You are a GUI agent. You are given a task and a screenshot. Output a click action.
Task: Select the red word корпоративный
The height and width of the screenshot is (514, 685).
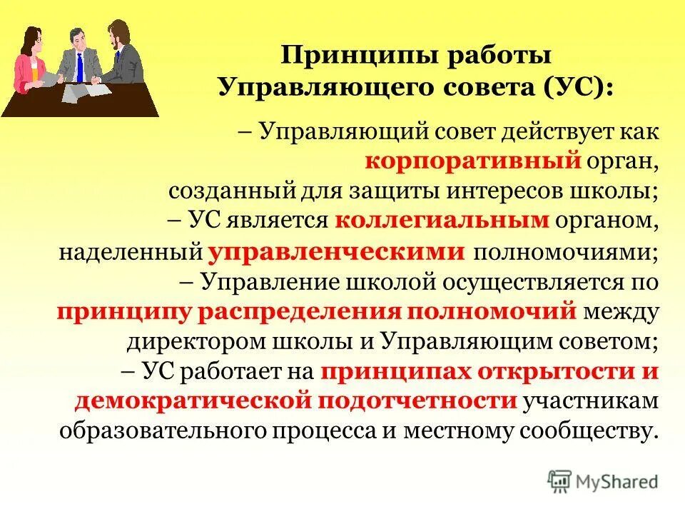click(472, 162)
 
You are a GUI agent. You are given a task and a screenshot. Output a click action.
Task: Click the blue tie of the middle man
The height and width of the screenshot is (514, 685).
click(80, 68)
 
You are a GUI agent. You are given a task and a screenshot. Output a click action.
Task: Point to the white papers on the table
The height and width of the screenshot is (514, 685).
click(80, 92)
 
